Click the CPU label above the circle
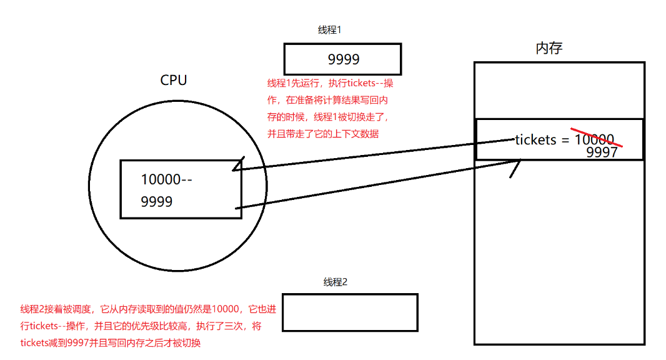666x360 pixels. tap(174, 80)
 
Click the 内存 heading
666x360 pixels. tap(549, 48)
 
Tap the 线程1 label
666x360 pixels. tap(329, 30)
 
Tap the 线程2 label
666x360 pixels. tap(335, 282)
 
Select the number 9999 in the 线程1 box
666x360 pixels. tap(344, 59)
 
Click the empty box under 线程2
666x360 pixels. tap(349, 312)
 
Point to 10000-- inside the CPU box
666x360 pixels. tap(167, 179)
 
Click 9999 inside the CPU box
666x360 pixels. tap(157, 202)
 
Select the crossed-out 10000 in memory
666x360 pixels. tap(594, 139)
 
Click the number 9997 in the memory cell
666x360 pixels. tap(602, 152)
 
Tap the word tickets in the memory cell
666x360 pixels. tap(535, 140)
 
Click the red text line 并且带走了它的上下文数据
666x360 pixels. tap(323, 134)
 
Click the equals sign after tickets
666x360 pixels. tap(565, 140)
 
